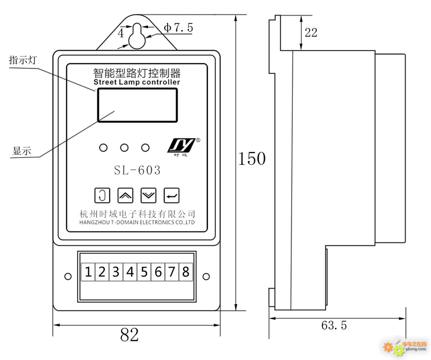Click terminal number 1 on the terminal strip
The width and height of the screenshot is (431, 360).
click(x=88, y=272)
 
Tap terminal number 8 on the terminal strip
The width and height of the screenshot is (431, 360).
click(x=185, y=272)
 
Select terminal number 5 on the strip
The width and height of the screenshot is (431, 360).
click(x=144, y=272)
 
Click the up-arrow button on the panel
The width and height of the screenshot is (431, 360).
click(x=125, y=195)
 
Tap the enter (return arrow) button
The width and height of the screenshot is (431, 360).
click(x=172, y=195)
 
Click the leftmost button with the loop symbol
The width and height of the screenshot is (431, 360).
click(x=102, y=195)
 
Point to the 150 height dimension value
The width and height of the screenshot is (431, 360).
click(x=252, y=158)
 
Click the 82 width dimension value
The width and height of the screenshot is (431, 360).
click(x=129, y=335)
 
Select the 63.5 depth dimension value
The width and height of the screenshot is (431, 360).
click(x=334, y=325)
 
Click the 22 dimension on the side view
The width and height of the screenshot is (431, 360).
click(x=311, y=33)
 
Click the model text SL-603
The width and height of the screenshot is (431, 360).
click(x=137, y=170)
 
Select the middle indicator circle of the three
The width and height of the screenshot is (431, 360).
click(x=124, y=148)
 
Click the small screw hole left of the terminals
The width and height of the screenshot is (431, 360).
click(x=68, y=276)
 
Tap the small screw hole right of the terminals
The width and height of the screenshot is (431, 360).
click(x=206, y=276)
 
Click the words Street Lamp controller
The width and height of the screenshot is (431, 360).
click(x=137, y=82)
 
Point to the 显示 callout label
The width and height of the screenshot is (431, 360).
click(x=22, y=151)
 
